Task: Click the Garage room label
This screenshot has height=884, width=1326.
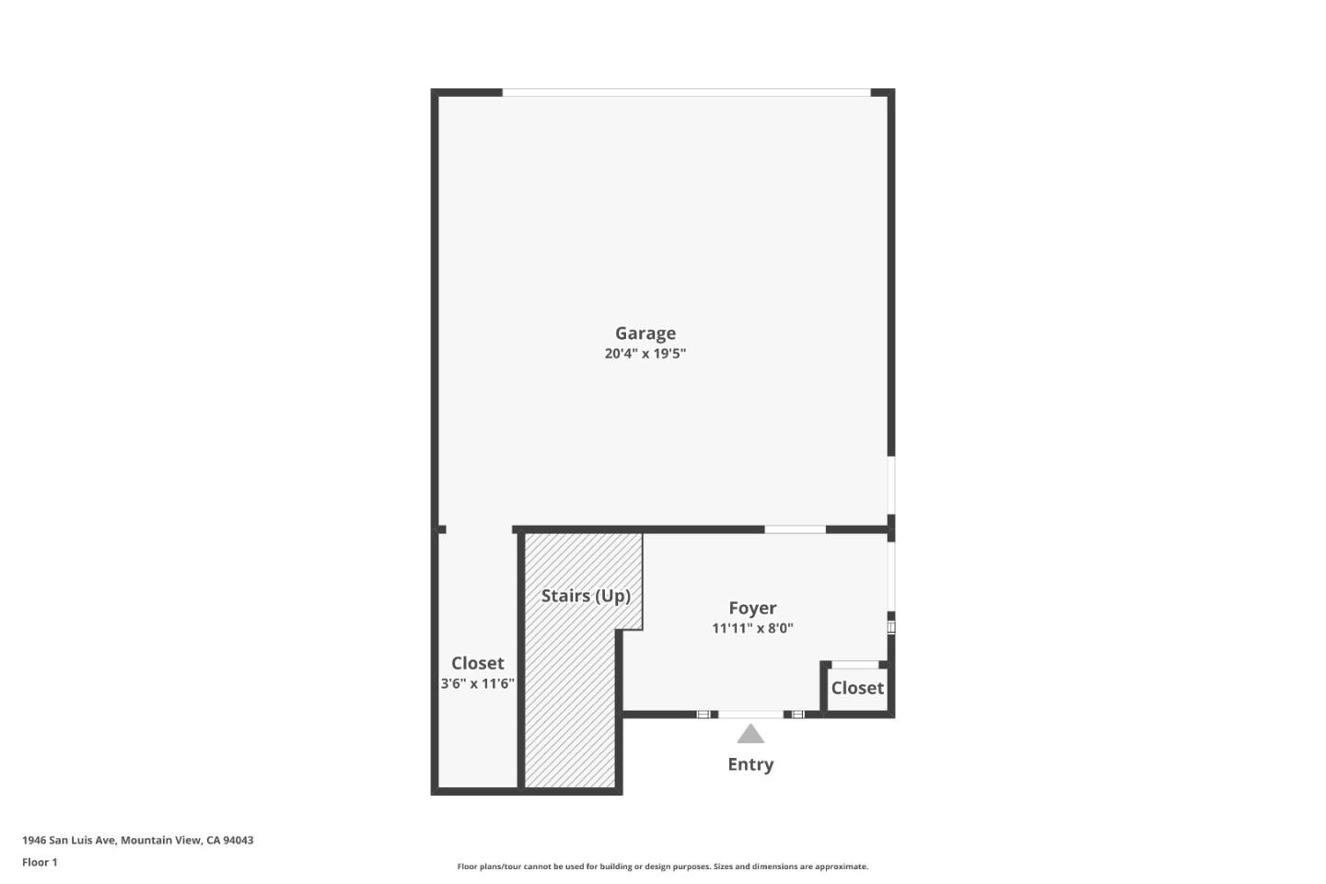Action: point(646,334)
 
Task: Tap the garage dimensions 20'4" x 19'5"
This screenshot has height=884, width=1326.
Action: point(646,354)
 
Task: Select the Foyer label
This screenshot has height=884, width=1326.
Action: point(752,608)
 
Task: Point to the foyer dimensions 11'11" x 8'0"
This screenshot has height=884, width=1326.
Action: point(752,628)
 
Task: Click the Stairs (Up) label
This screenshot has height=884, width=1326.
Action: point(586,596)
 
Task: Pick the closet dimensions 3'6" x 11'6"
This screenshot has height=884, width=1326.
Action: point(477,684)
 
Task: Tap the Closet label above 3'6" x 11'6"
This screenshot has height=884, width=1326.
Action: point(478,663)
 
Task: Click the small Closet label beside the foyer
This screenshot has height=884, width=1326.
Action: point(857,688)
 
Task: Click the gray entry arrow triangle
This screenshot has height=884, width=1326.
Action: point(750,734)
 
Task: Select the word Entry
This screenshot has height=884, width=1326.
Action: point(750,764)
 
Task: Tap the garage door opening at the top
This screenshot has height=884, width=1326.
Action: point(687,92)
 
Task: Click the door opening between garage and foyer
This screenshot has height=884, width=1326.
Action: point(795,529)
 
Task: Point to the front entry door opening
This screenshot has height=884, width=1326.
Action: point(750,715)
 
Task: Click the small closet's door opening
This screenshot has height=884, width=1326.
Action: point(855,665)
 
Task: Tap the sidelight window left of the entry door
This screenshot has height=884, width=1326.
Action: point(703,715)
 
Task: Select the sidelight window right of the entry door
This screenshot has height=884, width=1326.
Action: point(798,715)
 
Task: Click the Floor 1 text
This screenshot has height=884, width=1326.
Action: point(40,862)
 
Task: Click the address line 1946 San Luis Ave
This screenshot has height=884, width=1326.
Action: point(138,840)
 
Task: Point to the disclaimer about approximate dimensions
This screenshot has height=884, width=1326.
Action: point(662,867)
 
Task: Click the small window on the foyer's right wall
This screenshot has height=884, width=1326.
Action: point(891,627)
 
